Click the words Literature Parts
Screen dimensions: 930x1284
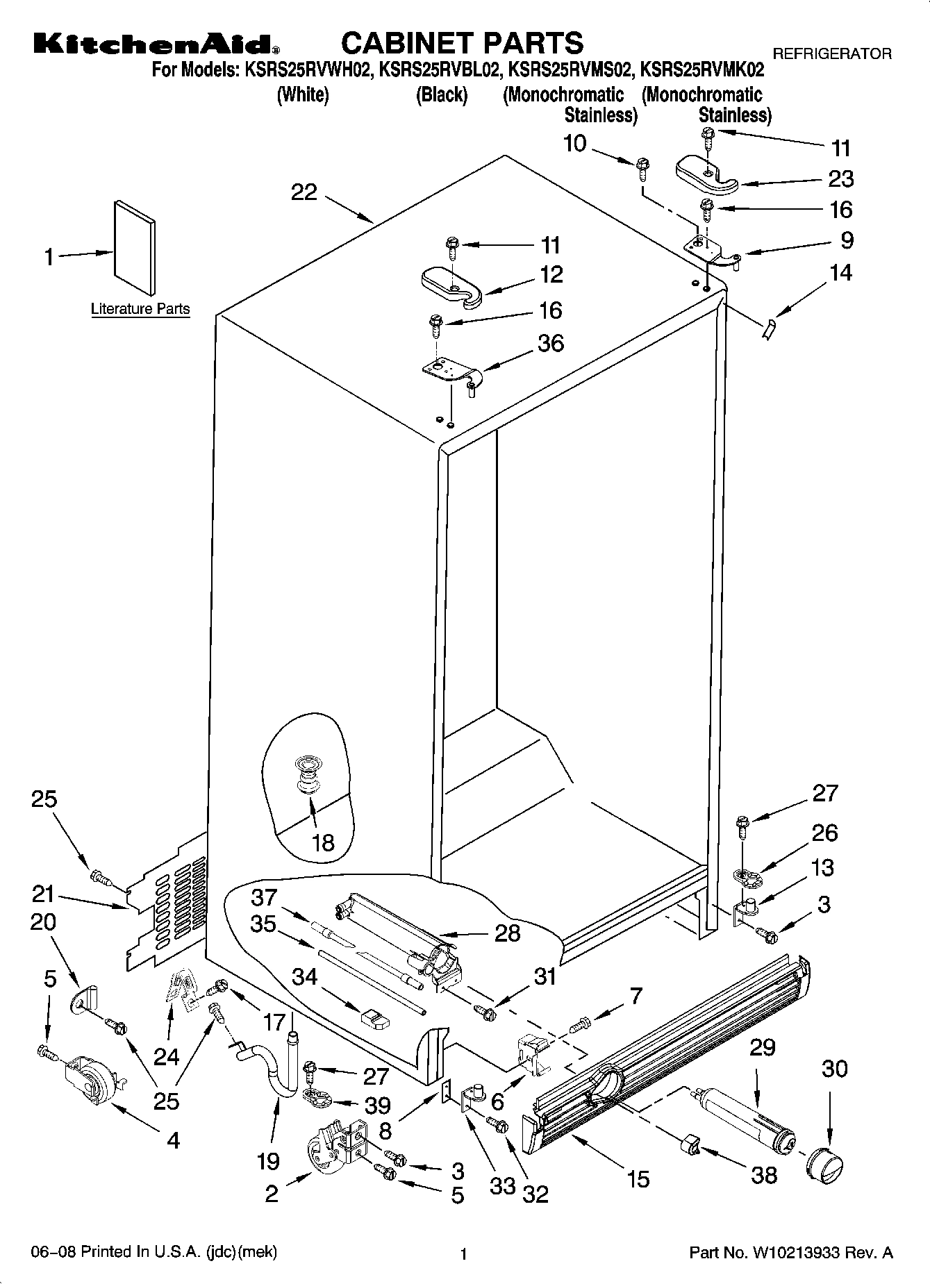click(140, 309)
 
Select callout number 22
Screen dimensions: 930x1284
click(304, 192)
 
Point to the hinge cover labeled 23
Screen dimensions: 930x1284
click(706, 172)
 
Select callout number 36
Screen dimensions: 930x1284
click(551, 343)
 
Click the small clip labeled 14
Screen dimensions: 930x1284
click(769, 328)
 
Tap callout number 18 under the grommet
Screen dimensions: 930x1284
click(323, 842)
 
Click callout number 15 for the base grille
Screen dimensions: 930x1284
click(638, 1178)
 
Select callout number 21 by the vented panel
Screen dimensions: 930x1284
click(43, 893)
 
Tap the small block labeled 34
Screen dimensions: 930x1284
click(375, 1019)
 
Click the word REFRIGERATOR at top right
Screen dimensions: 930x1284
click(832, 53)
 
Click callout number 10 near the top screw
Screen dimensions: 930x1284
click(575, 144)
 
